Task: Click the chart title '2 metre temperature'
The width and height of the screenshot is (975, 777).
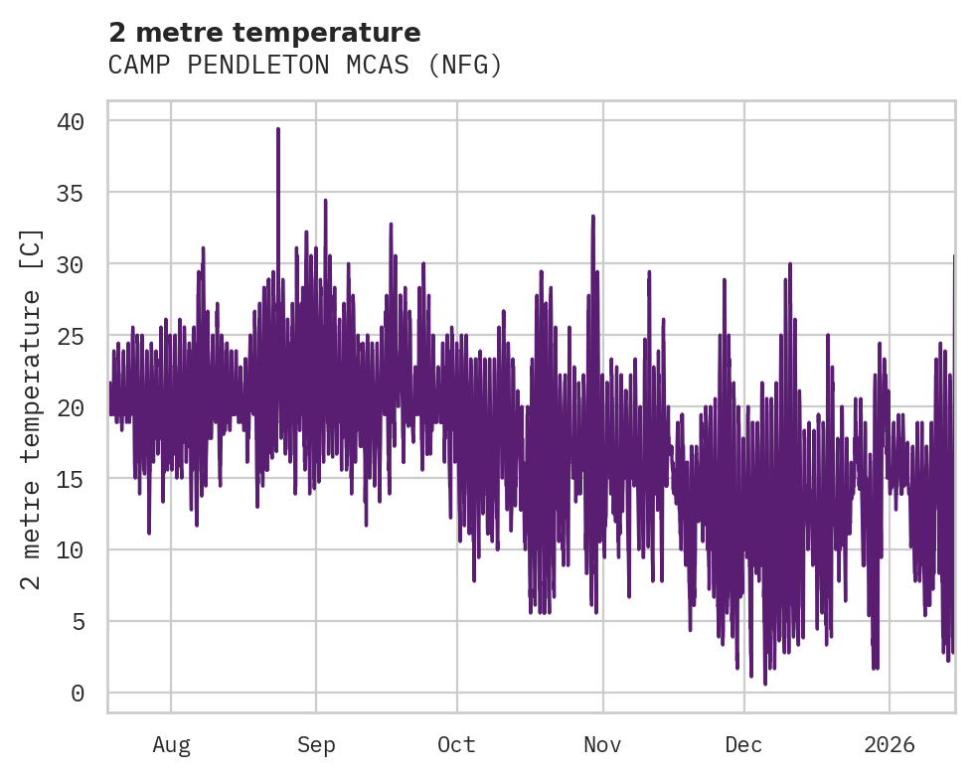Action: point(264,33)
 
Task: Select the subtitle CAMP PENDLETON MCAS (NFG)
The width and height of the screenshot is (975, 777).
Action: point(305,66)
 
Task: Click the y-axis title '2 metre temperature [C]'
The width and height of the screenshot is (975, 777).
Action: point(32,408)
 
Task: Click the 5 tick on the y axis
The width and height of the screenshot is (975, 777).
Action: point(78,622)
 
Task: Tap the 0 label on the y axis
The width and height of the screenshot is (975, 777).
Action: point(78,694)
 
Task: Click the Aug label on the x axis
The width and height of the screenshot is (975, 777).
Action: point(171,745)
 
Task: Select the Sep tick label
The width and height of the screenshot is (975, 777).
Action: point(316,745)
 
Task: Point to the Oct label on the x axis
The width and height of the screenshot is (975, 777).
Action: point(457,745)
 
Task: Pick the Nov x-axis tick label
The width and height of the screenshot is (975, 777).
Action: point(602,745)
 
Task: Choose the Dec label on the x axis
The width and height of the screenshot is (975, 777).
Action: point(743,745)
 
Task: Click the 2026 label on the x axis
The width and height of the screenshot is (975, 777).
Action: point(889,745)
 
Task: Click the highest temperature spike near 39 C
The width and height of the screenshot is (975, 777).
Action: point(278,130)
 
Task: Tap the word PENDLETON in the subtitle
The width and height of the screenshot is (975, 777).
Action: point(253,66)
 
